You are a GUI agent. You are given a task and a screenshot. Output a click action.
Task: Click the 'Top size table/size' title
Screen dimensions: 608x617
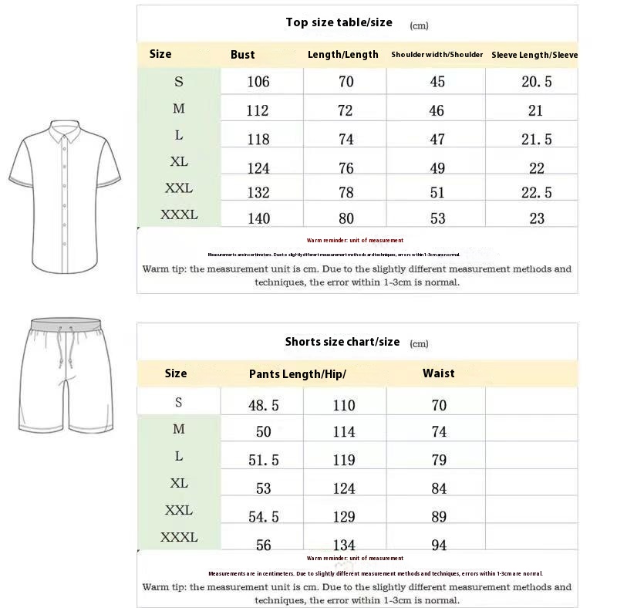click(x=339, y=22)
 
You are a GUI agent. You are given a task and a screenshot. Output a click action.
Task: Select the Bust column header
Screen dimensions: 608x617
click(x=242, y=55)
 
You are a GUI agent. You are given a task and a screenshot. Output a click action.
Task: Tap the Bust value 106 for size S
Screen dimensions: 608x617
click(x=258, y=82)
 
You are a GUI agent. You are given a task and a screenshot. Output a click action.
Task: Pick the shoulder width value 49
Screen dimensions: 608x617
click(x=437, y=167)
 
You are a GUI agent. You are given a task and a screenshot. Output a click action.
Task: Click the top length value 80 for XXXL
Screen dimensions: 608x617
click(x=346, y=218)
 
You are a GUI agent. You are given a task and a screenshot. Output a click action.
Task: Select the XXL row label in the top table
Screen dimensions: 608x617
click(x=179, y=188)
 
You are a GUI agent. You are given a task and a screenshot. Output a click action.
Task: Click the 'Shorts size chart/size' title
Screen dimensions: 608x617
click(x=342, y=342)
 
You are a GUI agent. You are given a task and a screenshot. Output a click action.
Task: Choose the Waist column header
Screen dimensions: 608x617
click(x=438, y=373)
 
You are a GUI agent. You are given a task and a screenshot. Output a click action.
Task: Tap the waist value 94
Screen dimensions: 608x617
click(x=439, y=546)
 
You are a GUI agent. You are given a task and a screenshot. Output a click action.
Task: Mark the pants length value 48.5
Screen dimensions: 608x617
click(x=263, y=405)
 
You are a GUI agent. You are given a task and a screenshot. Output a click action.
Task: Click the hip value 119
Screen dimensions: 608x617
click(x=344, y=461)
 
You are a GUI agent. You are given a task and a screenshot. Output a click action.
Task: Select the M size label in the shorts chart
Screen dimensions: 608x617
click(x=179, y=429)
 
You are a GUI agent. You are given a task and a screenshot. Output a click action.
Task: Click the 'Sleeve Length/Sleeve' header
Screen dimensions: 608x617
click(x=534, y=55)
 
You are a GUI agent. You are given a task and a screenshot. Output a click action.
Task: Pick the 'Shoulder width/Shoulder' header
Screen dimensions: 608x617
click(x=437, y=55)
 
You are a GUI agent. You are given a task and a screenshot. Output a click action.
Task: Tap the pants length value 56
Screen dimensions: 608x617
click(x=263, y=546)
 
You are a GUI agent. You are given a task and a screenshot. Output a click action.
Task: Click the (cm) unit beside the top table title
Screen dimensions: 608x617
click(x=419, y=25)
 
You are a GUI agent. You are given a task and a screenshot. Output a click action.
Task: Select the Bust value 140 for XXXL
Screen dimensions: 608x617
click(x=258, y=218)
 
